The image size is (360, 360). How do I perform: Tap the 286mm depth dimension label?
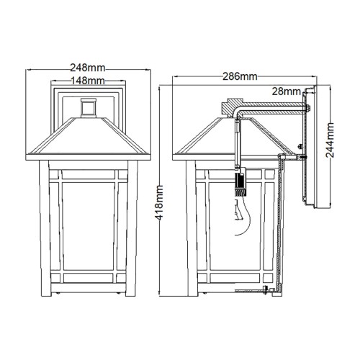tap(240, 76)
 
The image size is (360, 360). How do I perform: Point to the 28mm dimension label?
tap(287, 91)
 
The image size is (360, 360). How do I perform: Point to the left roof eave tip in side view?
tap(175, 152)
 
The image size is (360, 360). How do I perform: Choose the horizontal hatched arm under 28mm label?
tap(274, 109)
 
